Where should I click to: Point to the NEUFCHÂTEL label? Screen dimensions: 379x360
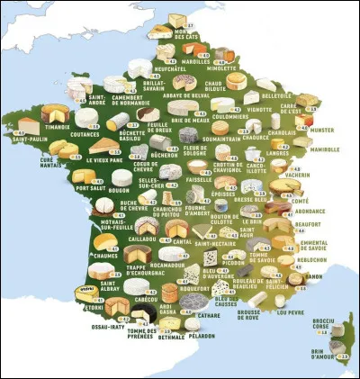point(171,67)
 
